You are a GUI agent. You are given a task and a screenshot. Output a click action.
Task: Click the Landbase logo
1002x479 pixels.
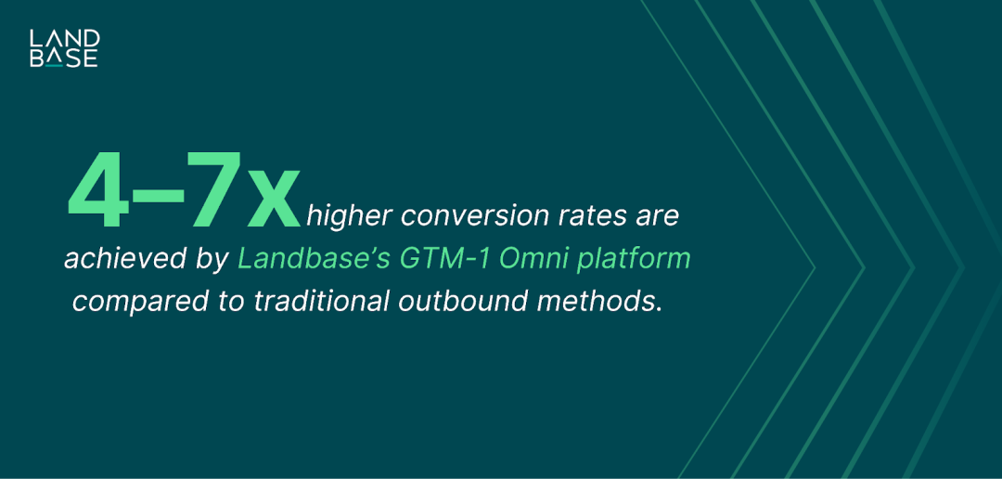[x=64, y=48]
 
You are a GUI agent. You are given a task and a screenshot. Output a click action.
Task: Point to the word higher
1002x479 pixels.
[x=346, y=217]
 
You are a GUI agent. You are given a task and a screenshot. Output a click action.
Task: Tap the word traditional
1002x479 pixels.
[x=323, y=301]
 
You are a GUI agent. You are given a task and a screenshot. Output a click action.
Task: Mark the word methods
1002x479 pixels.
[x=599, y=301]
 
